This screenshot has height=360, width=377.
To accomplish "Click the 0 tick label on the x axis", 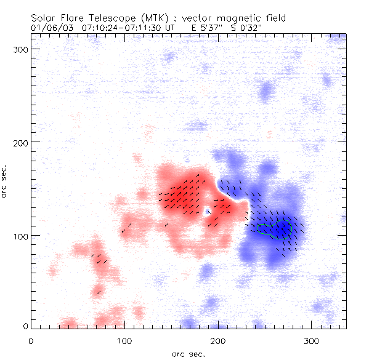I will click(31, 340).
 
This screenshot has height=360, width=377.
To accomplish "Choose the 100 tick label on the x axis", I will click(124, 340).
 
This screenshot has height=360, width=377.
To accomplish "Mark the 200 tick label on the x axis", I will click(218, 340).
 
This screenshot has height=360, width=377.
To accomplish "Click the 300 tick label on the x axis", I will click(312, 340).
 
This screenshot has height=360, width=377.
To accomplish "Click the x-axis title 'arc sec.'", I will click(188, 353).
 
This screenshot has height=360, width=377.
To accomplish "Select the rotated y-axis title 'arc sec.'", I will click(4, 182).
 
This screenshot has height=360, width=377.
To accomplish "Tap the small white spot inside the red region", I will click(208, 212).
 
